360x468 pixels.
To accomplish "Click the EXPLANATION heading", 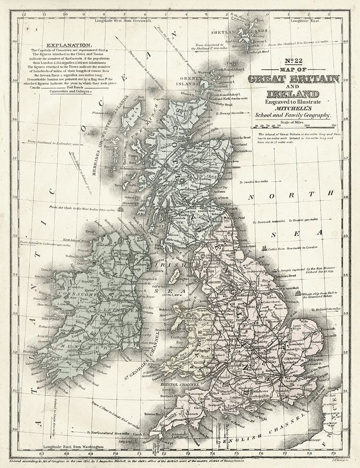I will coord(61,45).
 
